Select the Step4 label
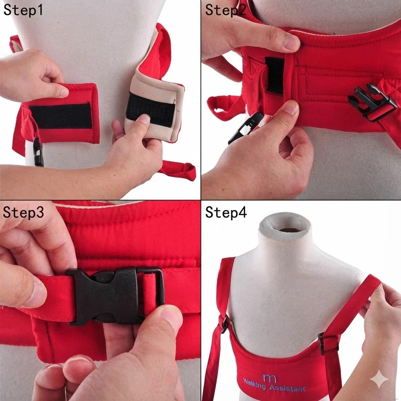click(x=226, y=212)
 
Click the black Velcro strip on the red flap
click(x=61, y=116)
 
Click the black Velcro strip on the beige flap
click(x=151, y=109)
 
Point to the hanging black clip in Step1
click(x=38, y=152)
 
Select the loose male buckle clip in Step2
click(x=246, y=128)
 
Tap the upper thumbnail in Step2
click(x=291, y=42)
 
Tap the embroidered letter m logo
click(x=270, y=378)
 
